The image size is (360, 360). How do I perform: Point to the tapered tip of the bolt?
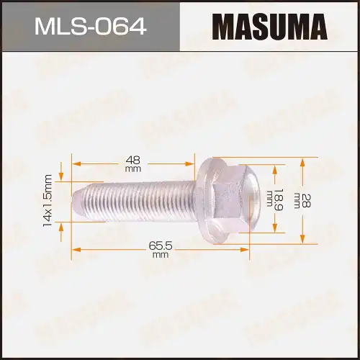click(x=78, y=197)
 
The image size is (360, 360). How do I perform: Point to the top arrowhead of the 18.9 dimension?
click(x=273, y=168)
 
